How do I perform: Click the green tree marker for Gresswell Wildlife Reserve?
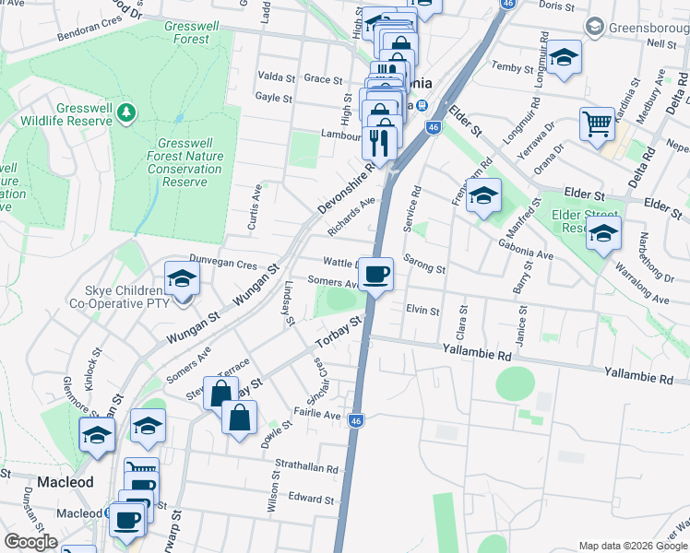click(125, 112)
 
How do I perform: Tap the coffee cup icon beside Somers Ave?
click(376, 275)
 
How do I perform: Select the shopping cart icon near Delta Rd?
click(597, 123)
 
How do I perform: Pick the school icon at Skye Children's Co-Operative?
click(182, 280)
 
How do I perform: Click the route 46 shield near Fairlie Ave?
click(357, 421)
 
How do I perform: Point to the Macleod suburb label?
click(65, 482)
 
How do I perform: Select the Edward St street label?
click(311, 500)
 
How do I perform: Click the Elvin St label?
click(422, 311)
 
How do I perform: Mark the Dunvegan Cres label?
click(222, 264)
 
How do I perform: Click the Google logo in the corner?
click(31, 542)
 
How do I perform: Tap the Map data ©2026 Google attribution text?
click(632, 546)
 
